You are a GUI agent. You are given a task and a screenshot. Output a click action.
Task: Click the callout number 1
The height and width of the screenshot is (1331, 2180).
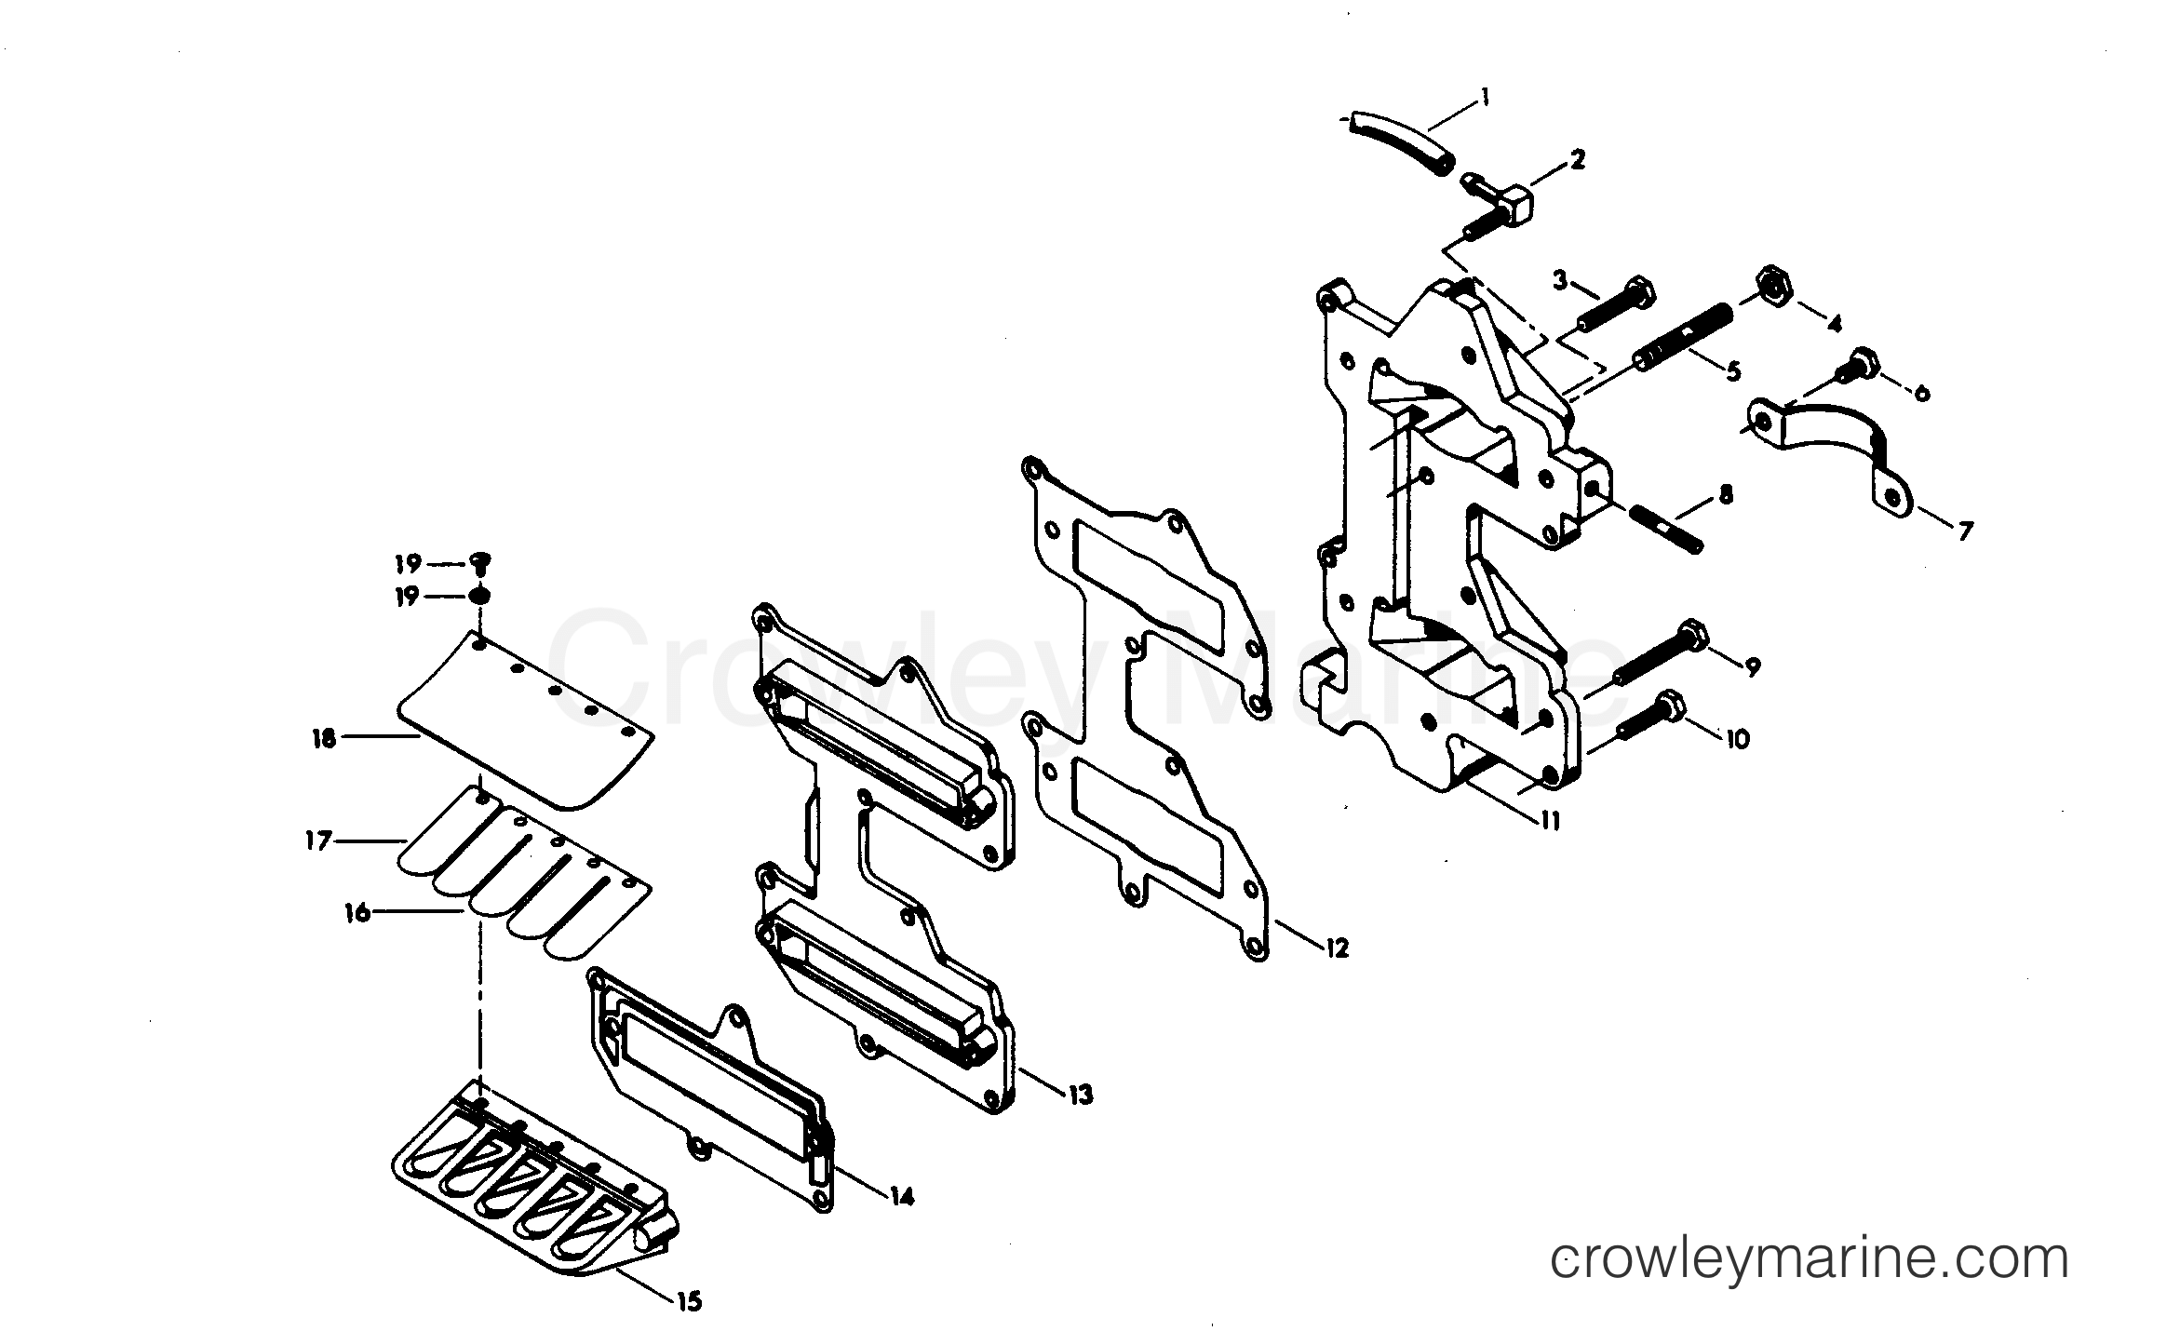pos(1485,97)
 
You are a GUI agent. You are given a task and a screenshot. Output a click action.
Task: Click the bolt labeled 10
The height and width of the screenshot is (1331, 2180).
pos(1658,733)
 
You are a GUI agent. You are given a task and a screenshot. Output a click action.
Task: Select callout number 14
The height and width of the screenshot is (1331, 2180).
pos(900,1196)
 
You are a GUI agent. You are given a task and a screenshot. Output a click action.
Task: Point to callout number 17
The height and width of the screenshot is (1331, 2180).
pos(317,840)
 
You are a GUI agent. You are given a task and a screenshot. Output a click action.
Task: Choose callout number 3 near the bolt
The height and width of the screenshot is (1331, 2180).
pos(1560,279)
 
